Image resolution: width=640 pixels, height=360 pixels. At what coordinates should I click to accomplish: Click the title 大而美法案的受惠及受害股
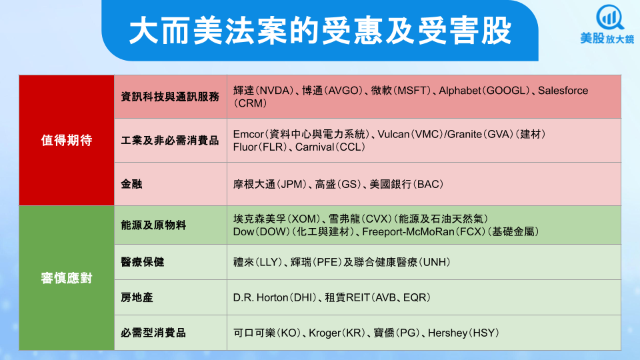[x=321, y=31]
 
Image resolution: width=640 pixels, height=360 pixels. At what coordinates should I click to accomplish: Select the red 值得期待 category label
[x=67, y=141]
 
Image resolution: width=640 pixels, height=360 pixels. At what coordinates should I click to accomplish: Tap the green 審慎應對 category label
[x=67, y=278]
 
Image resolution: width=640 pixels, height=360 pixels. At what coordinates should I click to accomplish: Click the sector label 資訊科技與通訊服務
[x=170, y=97]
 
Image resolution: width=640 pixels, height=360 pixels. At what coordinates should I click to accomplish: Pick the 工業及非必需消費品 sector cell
[x=170, y=141]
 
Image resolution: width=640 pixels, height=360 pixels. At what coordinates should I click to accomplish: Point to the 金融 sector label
[x=131, y=184]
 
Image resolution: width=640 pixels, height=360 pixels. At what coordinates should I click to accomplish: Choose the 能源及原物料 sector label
[x=153, y=225]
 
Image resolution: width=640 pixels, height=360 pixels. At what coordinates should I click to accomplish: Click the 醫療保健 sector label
[x=143, y=262]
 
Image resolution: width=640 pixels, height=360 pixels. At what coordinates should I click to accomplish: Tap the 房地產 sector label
[x=137, y=297]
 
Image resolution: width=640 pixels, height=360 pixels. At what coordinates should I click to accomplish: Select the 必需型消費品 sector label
[x=153, y=333]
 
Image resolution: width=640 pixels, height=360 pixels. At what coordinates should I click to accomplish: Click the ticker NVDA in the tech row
[x=276, y=90]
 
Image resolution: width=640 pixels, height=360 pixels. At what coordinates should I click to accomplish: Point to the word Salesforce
[x=563, y=90]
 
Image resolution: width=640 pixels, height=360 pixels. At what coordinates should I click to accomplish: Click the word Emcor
[x=249, y=134]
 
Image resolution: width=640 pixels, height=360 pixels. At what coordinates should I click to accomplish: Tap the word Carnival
[x=315, y=147]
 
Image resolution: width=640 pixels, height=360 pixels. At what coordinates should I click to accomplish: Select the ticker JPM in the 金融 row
[x=293, y=184]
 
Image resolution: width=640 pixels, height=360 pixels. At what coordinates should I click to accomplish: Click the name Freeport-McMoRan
[x=408, y=231]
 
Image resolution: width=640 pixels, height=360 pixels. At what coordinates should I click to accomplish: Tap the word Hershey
[x=447, y=333]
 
